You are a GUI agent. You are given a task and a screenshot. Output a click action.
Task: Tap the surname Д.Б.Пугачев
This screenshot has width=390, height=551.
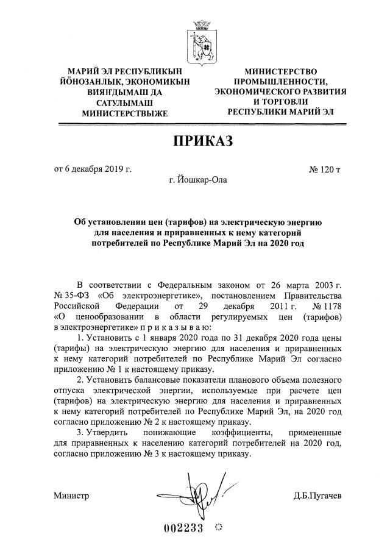click(x=316, y=495)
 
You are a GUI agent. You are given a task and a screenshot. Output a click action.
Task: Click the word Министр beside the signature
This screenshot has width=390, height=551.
click(x=71, y=495)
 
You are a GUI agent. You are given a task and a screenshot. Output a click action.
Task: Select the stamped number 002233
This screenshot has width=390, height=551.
click(x=183, y=528)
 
